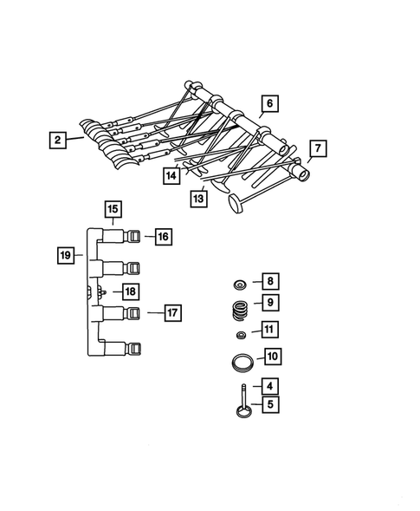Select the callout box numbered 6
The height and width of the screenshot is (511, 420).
tap(268, 103)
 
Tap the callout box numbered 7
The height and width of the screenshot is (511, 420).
tap(317, 148)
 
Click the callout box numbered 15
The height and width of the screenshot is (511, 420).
tap(113, 208)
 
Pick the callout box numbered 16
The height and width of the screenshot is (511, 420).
tap(165, 234)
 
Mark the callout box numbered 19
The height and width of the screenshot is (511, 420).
tap(65, 255)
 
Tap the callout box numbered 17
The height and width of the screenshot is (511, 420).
tap(172, 311)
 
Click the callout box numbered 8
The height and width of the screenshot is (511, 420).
tap(270, 281)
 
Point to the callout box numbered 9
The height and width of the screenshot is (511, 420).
tap(270, 303)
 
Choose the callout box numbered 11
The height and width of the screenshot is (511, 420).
tap(270, 330)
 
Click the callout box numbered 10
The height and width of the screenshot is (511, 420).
tap(271, 356)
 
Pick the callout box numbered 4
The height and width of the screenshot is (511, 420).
tap(270, 386)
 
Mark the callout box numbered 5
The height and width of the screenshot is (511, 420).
tap(270, 403)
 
